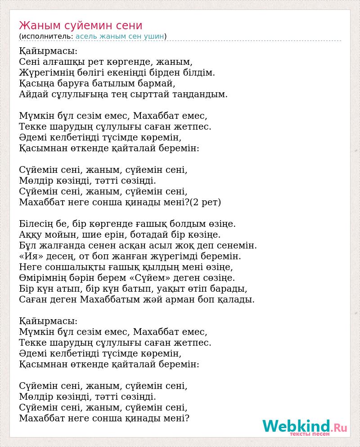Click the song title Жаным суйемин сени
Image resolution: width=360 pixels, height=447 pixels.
pyautogui.click(x=81, y=25)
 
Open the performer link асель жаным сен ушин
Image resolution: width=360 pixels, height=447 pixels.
pyautogui.click(x=120, y=36)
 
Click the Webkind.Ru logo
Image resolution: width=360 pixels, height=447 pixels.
pyautogui.click(x=304, y=426)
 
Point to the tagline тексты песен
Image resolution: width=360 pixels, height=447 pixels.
pyautogui.click(x=310, y=434)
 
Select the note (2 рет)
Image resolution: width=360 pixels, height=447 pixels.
pyautogui.click(x=206, y=202)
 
